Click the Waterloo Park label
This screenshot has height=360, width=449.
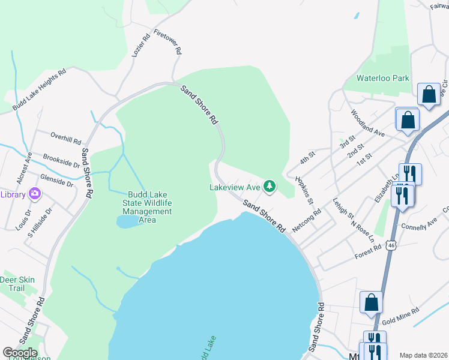point(382,78)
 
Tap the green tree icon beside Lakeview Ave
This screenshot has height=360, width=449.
point(270,187)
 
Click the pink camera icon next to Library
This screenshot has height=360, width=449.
point(35,194)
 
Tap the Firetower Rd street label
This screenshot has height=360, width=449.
point(168,42)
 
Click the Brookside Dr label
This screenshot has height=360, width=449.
point(61,160)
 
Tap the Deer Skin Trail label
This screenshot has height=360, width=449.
point(17,284)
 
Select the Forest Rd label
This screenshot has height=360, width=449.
point(368,251)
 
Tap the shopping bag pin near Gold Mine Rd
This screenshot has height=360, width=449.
point(372,302)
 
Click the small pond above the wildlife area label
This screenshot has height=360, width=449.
point(127,222)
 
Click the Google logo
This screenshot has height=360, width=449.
point(20,353)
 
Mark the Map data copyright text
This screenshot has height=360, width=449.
point(423,355)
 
